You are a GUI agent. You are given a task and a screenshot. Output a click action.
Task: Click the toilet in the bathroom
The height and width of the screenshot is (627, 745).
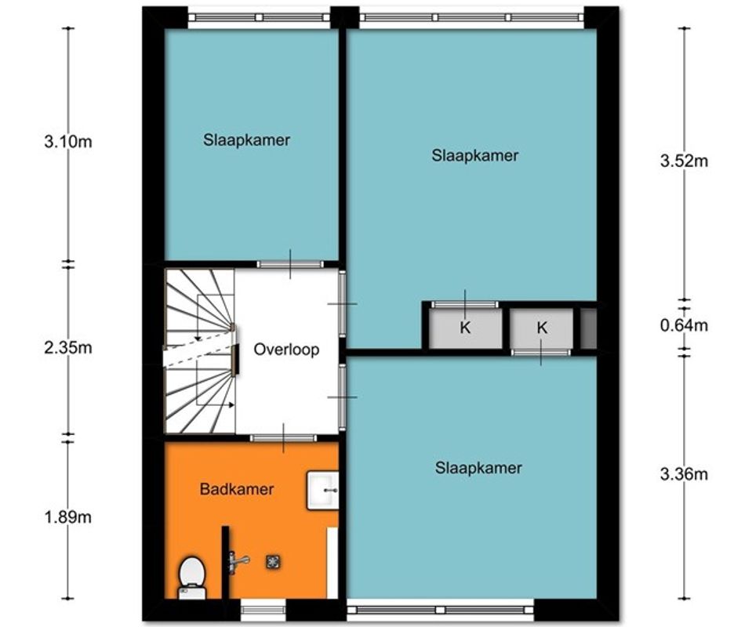click(192, 578)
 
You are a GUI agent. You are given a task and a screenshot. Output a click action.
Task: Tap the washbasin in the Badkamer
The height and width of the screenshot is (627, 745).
click(322, 490)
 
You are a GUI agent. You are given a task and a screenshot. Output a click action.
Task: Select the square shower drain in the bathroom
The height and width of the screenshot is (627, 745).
click(273, 562)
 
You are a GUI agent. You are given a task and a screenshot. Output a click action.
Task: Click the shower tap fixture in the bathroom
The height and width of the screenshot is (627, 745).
click(238, 562)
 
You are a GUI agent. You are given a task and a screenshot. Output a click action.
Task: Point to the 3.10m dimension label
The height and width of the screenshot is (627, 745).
click(68, 142)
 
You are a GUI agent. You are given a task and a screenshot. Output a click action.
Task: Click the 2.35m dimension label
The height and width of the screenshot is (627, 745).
click(68, 348)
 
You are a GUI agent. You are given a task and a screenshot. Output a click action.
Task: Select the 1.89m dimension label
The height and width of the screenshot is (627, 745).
click(68, 516)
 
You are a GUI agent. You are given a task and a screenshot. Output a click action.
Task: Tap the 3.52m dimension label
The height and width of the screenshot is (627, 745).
click(684, 161)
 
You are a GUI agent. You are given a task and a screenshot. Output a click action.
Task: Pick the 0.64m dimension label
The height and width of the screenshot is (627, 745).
click(684, 325)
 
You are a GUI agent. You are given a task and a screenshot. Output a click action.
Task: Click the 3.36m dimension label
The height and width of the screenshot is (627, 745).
click(684, 474)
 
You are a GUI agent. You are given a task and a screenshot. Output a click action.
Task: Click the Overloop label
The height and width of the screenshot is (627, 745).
click(286, 350)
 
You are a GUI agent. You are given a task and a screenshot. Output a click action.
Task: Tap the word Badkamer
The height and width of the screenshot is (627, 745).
click(237, 489)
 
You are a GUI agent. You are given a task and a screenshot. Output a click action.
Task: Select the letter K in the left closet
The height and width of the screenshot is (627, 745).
click(465, 328)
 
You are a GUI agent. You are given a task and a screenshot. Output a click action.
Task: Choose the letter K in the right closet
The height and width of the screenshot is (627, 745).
click(542, 328)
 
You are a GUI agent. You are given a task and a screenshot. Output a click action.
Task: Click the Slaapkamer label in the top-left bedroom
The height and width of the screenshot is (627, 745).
click(246, 140)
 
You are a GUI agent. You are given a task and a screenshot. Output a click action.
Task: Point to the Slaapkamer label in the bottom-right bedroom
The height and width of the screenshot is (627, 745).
click(478, 468)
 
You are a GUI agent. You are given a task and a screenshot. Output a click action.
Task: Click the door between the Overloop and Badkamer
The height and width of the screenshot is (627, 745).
click(283, 438)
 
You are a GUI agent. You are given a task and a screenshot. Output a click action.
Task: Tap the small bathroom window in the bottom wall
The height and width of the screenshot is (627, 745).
click(263, 610)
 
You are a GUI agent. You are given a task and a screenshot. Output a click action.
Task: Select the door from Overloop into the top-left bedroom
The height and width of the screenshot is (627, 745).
click(290, 264)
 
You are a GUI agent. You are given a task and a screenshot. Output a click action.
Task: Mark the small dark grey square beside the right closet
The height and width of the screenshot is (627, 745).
click(588, 328)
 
